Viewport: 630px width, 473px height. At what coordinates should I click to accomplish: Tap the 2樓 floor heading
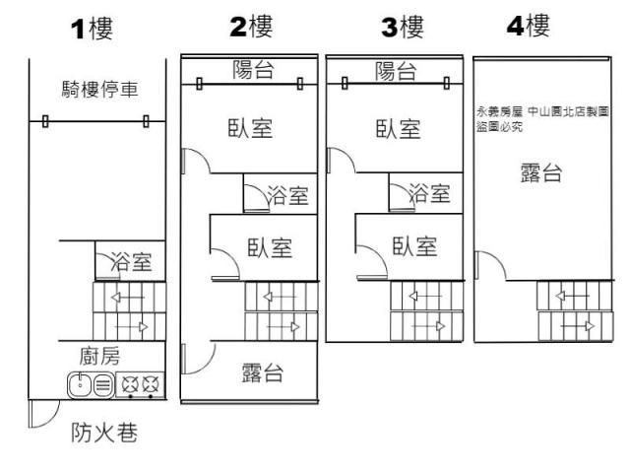click(x=250, y=27)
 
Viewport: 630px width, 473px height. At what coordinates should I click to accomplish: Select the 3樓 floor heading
click(x=402, y=27)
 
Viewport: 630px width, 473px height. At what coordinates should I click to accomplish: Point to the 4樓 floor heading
click(x=529, y=26)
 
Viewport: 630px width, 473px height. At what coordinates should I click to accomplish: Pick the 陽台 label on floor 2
click(x=253, y=69)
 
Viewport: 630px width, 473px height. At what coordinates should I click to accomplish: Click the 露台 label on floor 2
click(x=263, y=372)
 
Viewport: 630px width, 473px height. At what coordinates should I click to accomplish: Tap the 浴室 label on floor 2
click(x=288, y=195)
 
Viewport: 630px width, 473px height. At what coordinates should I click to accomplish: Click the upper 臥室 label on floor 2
click(x=250, y=128)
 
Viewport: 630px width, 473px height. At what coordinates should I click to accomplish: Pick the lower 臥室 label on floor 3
click(x=414, y=245)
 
